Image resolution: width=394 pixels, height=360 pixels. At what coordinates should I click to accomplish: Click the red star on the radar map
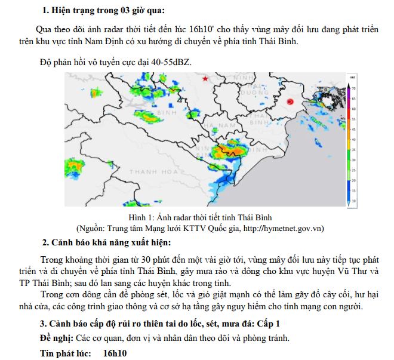coord(206,79)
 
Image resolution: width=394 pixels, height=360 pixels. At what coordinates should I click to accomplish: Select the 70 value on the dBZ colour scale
coord(354,88)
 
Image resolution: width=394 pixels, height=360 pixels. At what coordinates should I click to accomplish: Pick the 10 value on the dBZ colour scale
coord(354,201)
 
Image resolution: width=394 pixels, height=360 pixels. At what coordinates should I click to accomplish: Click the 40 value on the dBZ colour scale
coord(354,139)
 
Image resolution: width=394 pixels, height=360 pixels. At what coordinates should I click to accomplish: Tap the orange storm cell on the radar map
coord(229,151)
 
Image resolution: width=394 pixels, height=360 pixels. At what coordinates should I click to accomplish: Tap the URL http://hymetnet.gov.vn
coord(283,227)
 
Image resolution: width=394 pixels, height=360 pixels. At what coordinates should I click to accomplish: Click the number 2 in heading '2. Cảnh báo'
coord(44,242)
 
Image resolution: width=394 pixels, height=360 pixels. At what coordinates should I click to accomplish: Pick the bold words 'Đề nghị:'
coord(56,338)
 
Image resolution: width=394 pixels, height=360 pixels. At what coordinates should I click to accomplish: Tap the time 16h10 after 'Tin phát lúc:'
coord(115,353)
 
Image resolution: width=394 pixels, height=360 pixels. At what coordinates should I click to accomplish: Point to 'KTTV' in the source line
coord(193,227)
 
